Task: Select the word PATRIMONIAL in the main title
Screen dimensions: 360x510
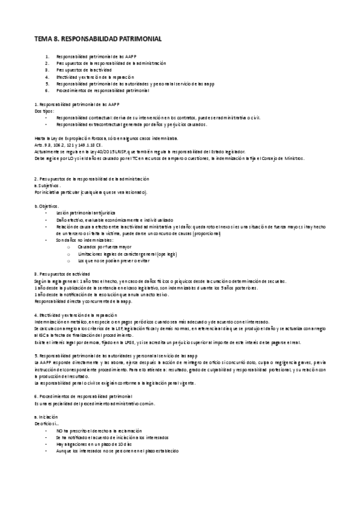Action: (138, 38)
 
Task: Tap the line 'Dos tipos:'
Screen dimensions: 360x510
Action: (44, 111)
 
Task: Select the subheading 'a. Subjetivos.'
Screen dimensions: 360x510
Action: (48, 186)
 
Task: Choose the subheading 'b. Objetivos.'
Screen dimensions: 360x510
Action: (47, 206)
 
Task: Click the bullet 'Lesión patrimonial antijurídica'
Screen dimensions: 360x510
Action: (87, 214)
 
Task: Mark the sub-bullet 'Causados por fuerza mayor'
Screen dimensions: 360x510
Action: (104, 247)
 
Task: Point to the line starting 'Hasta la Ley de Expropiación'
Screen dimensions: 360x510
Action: (105, 138)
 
